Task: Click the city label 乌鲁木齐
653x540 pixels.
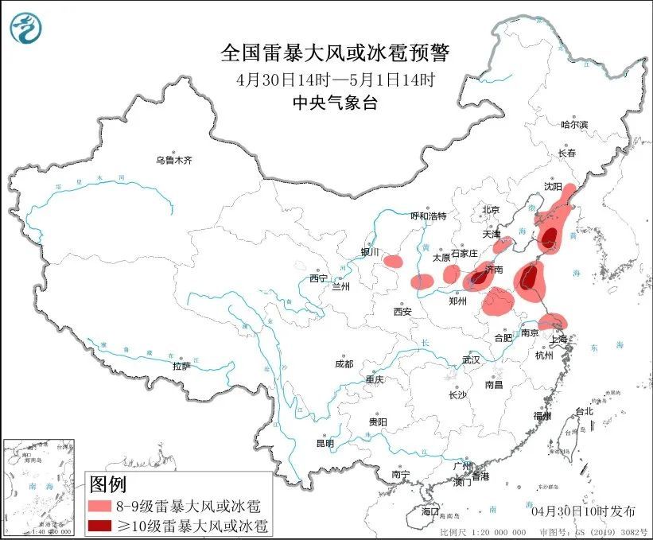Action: pos(174,161)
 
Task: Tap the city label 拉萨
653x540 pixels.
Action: pos(181,366)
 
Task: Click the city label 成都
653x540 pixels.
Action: pos(344,363)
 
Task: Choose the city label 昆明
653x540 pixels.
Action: pos(325,443)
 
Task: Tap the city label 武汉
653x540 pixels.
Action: pos(471,360)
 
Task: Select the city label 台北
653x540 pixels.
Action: pos(584,411)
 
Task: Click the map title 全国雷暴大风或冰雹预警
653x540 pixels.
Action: pos(335,53)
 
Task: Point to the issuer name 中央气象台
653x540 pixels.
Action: pos(335,102)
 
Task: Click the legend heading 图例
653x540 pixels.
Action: pos(108,483)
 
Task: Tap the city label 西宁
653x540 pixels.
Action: pos(318,278)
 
